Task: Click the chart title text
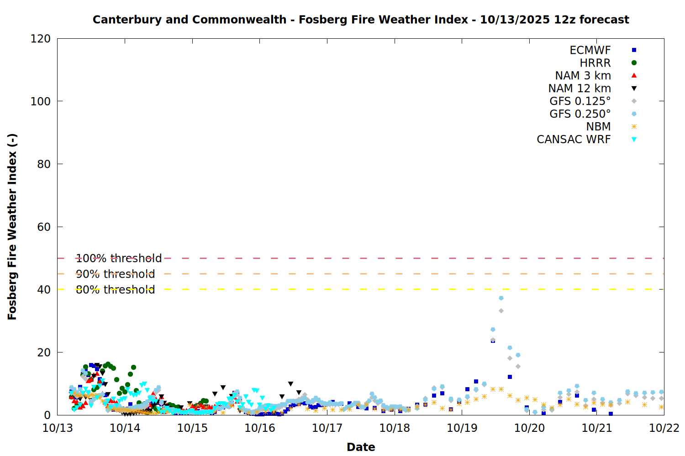coord(361,20)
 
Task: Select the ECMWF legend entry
coord(590,50)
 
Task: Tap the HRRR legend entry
coord(595,63)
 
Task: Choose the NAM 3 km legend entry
coord(583,76)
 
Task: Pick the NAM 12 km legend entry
coord(580,88)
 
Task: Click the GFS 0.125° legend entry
coord(580,101)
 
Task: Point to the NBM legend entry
coord(598,127)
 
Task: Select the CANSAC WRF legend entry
coord(574,140)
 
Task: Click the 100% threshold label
coord(119,259)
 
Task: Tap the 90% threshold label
coord(115,274)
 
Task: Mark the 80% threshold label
coord(115,290)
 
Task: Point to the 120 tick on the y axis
coord(41,39)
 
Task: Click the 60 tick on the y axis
coord(44,227)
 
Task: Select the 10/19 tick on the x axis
coord(462,428)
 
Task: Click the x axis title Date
coord(361,447)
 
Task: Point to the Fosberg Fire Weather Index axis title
coord(12,227)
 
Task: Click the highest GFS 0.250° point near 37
coord(501,298)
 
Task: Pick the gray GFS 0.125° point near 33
coord(501,311)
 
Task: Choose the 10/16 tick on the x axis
coord(260,428)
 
